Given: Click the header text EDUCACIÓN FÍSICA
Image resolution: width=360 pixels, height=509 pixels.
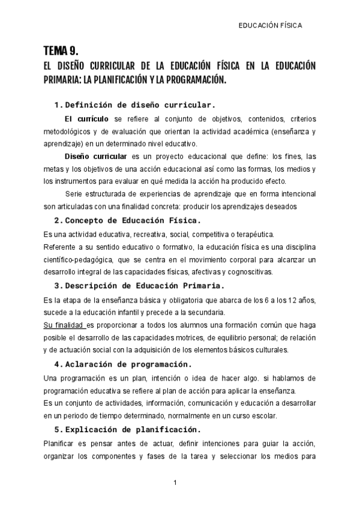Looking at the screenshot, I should [270, 26].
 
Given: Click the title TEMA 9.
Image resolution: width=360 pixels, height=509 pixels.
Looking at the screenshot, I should [61, 50].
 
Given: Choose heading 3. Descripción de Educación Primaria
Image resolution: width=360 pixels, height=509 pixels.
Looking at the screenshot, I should [139, 286].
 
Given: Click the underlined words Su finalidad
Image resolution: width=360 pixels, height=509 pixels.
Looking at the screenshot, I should [65, 325].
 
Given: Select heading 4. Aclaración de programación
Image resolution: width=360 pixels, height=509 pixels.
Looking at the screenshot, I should [122, 364].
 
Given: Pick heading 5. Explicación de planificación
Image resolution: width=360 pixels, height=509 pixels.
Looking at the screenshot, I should [127, 429].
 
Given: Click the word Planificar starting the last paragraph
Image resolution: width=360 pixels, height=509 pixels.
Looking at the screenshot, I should [61, 444].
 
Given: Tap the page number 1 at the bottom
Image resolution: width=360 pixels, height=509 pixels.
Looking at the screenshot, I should [175, 483].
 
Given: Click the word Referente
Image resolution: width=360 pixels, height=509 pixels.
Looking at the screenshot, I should [63, 247].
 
